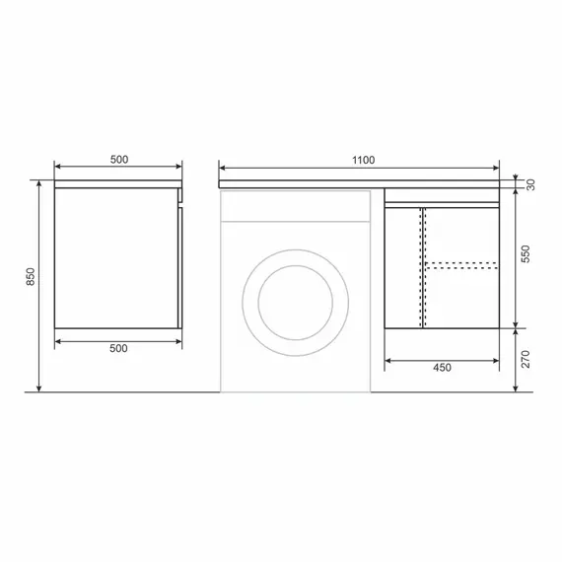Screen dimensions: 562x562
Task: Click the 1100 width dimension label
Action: point(363,160)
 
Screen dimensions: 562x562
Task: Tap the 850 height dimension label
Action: point(31,277)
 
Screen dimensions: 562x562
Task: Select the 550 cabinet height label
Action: point(526,253)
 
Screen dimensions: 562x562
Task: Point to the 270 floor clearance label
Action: point(526,359)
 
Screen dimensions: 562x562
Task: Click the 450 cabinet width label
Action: point(442,368)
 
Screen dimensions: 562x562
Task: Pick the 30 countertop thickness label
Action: point(530,184)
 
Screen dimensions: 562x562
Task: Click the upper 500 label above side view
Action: point(119,160)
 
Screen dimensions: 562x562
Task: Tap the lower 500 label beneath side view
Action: point(118,348)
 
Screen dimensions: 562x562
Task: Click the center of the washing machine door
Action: point(296,303)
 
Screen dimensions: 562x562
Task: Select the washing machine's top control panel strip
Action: point(296,206)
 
